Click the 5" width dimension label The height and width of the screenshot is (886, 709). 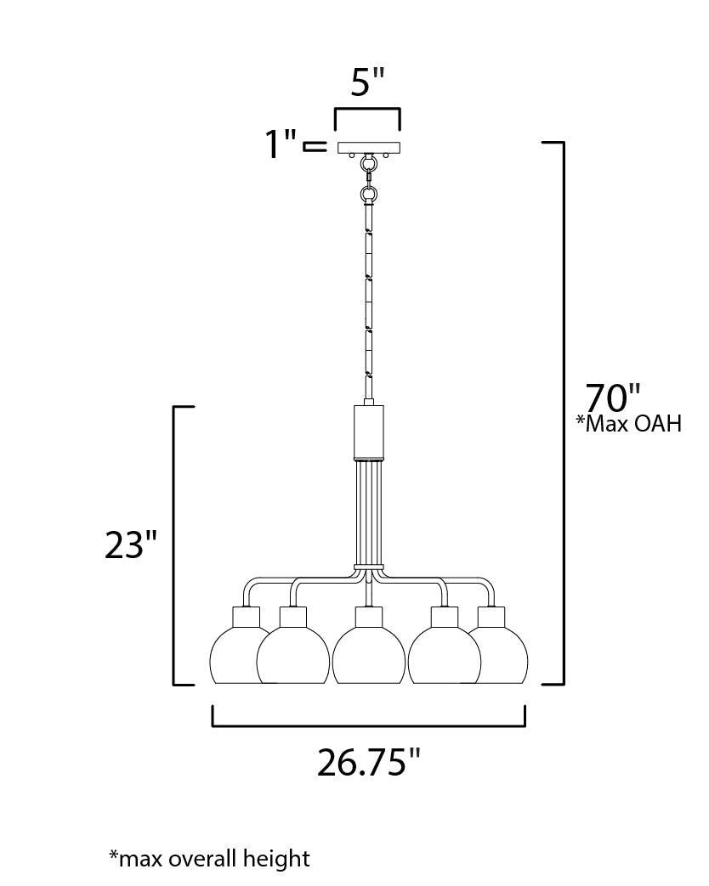click(x=367, y=82)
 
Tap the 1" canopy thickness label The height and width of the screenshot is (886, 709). click(x=281, y=144)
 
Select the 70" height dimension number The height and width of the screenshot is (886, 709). click(x=613, y=398)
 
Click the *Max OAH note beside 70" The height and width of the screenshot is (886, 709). click(x=629, y=423)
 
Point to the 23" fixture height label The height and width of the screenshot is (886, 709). click(x=131, y=545)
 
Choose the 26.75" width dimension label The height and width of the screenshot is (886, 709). click(x=369, y=762)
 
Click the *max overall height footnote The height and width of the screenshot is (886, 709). click(x=210, y=858)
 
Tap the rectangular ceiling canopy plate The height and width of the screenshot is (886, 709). click(x=369, y=148)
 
